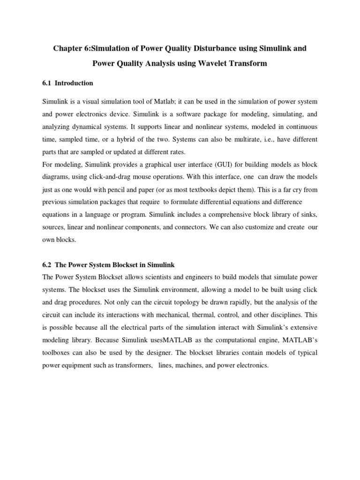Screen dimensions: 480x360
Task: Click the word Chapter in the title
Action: click(x=66, y=49)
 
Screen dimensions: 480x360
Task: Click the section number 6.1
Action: click(x=47, y=83)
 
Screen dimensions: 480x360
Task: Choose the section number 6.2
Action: click(x=47, y=265)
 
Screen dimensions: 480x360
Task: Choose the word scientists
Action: click(x=138, y=277)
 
